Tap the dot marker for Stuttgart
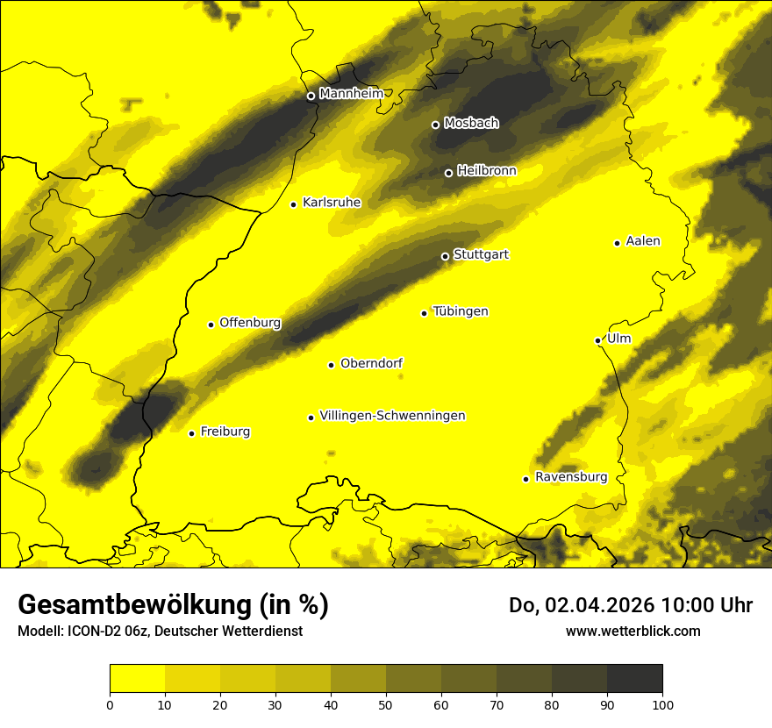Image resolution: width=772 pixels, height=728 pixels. (x=445, y=256)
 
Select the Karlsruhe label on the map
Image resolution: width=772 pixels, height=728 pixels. (x=332, y=203)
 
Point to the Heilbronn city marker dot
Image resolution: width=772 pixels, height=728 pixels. (x=448, y=173)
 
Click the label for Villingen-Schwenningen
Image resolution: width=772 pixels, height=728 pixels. (x=392, y=416)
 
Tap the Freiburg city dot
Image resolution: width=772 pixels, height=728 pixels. (x=191, y=433)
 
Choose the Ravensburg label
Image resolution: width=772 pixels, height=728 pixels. (x=571, y=477)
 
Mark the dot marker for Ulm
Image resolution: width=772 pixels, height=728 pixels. (x=597, y=340)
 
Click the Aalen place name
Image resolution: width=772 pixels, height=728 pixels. (x=643, y=241)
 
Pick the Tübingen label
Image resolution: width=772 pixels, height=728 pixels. (x=461, y=311)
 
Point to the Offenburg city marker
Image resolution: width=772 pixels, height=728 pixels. (x=211, y=325)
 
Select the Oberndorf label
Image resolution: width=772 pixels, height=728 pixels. (x=372, y=363)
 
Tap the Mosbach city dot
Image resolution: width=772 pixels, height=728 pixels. (x=435, y=125)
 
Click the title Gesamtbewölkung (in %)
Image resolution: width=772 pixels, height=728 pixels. (x=173, y=605)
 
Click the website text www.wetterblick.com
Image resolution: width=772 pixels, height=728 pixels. (x=633, y=631)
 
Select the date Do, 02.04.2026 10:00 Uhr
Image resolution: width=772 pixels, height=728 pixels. (x=630, y=605)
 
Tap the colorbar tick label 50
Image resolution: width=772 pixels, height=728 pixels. (x=386, y=703)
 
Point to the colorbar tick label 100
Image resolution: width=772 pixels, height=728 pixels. (x=662, y=703)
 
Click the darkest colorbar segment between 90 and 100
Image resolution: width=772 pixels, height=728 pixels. (x=634, y=679)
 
